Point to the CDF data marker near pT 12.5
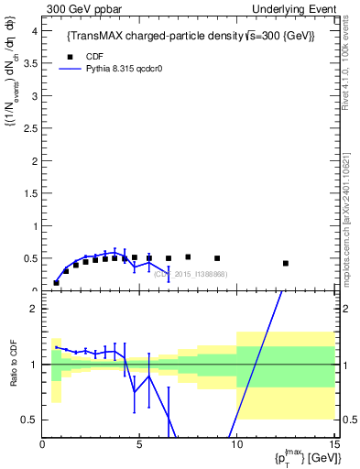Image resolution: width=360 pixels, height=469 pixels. pos(286,263)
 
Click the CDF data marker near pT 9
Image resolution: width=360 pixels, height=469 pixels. pos(217,258)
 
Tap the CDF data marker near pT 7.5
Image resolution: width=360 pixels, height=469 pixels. pos(188,257)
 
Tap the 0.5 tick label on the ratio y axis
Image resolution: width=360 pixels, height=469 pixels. pos(30,420)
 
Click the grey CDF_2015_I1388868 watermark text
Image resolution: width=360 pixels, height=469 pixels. pos(190,274)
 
